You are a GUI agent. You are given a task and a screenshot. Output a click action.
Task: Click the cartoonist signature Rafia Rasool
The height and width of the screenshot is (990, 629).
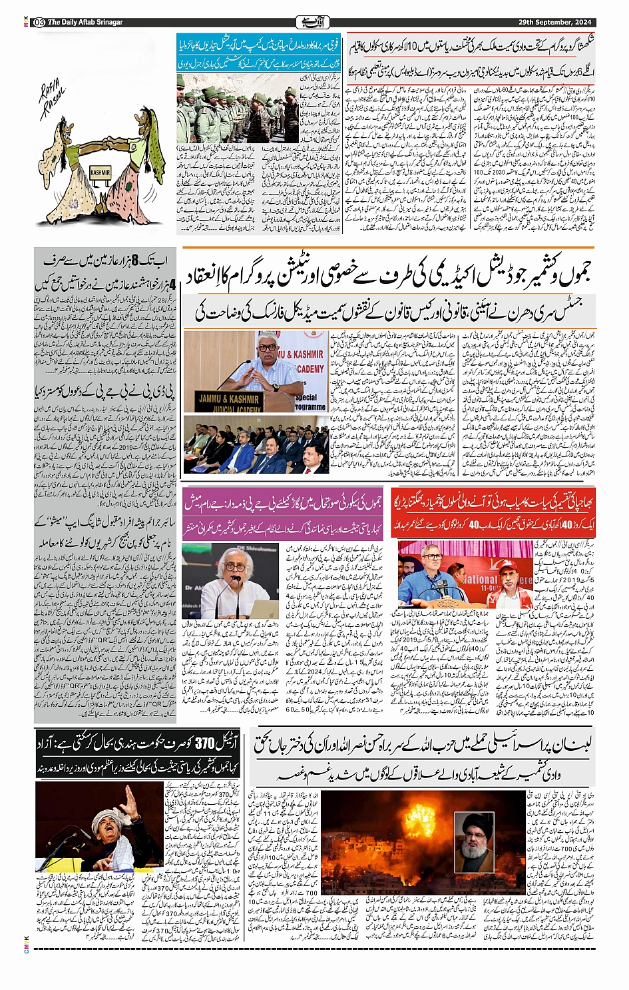point(54,101)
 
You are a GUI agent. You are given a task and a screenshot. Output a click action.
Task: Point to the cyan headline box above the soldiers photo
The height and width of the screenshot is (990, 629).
point(259,53)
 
